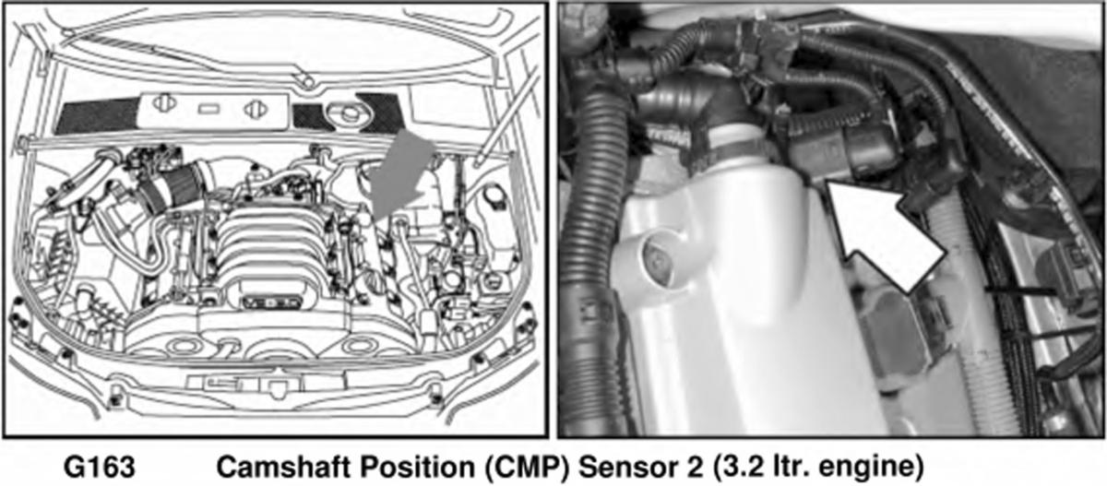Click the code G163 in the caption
point(100,467)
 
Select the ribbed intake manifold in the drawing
point(269,247)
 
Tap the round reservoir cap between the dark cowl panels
point(350,113)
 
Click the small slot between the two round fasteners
point(209,108)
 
